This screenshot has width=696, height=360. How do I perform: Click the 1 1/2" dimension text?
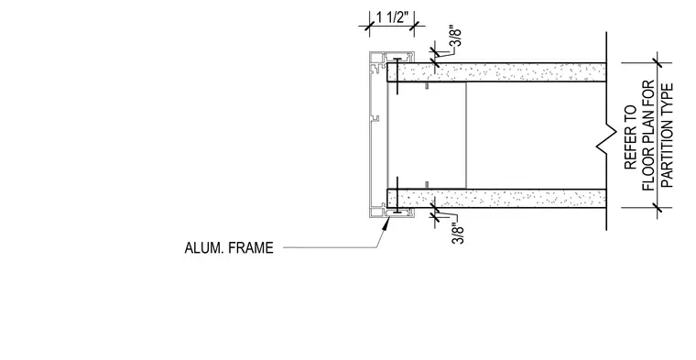(x=392, y=17)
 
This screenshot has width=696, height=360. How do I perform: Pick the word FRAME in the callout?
(x=251, y=247)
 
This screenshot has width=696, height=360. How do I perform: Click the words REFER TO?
(x=631, y=137)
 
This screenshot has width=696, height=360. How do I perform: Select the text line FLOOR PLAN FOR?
(x=648, y=136)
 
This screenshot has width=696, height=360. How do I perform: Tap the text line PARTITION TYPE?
(x=667, y=136)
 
